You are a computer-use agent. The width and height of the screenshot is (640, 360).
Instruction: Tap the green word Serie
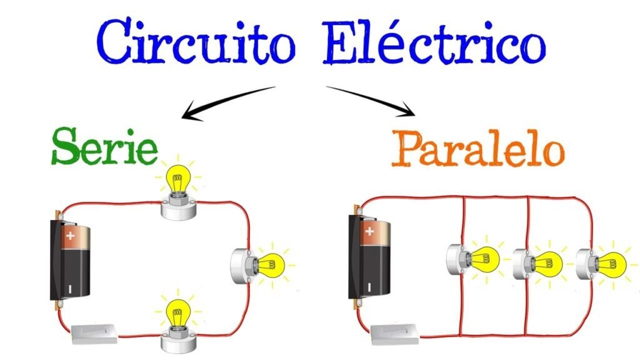click(x=104, y=146)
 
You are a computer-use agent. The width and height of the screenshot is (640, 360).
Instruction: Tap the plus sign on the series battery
click(x=71, y=236)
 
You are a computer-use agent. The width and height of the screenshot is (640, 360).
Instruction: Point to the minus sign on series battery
click(x=71, y=288)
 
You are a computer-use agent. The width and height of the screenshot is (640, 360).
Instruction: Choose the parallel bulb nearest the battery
click(x=484, y=257)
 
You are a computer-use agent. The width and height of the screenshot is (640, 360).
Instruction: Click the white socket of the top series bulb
click(x=179, y=208)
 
